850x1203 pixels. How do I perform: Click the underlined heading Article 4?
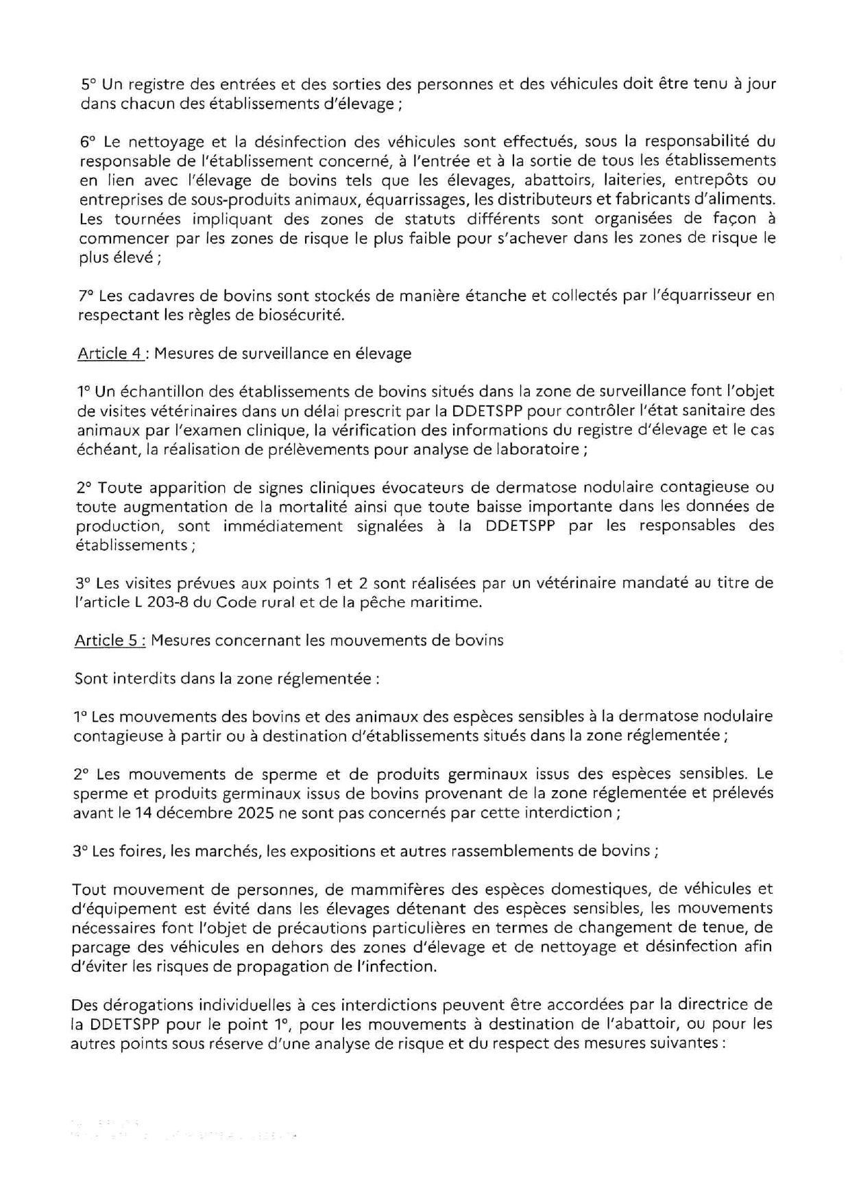pos(110,353)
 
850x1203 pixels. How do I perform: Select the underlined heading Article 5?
pos(109,640)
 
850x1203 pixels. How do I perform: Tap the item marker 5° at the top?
pos(89,84)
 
